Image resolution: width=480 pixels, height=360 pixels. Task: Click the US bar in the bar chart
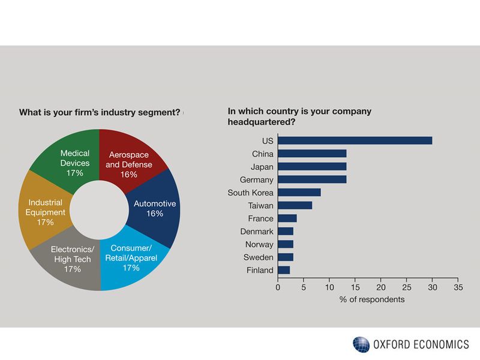[355, 140]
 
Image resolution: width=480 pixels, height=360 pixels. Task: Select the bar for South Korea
[299, 193]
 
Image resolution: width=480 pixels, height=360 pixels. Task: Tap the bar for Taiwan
[295, 205]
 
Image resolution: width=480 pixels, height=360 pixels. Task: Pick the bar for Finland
[284, 270]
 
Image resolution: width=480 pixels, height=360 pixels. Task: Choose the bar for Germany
[312, 179]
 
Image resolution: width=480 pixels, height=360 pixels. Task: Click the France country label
[260, 218]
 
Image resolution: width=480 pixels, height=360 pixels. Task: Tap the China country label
[262, 154]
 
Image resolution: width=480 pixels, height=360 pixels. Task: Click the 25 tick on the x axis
[406, 287]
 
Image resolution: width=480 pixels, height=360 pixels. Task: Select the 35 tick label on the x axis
[458, 287]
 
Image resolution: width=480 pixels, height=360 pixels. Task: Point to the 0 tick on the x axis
[278, 287]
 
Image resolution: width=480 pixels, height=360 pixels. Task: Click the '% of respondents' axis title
[368, 299]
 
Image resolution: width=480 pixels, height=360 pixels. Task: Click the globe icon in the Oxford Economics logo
[361, 344]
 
